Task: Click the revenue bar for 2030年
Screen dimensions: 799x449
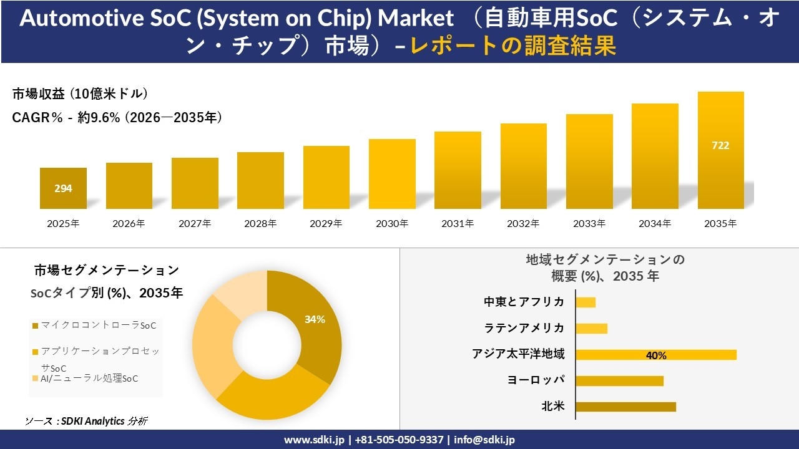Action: (392, 174)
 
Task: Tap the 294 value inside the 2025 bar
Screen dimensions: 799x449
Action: (63, 188)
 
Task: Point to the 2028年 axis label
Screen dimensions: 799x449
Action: (260, 223)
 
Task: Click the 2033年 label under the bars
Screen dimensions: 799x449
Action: (589, 223)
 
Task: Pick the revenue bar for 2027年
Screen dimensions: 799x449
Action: (195, 183)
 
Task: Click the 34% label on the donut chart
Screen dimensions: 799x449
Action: (315, 319)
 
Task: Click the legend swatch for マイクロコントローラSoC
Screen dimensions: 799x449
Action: (35, 326)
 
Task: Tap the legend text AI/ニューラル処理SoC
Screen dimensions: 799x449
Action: (89, 378)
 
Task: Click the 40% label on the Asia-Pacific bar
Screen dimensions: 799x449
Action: (656, 355)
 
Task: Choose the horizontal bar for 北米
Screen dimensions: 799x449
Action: (625, 407)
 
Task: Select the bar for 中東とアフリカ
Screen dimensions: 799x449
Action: (586, 302)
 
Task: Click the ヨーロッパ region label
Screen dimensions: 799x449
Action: (536, 380)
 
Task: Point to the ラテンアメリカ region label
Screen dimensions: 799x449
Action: (524, 327)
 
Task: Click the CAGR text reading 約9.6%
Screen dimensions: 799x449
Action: (99, 117)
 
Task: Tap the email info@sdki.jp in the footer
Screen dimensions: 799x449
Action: (484, 440)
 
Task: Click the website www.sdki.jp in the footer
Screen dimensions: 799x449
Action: (314, 440)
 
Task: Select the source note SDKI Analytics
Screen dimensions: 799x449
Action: (93, 421)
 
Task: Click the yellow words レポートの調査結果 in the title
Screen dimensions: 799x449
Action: (513, 46)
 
